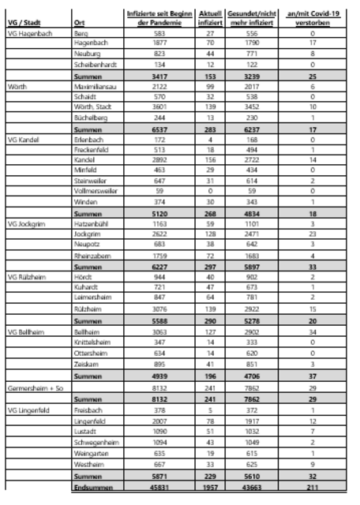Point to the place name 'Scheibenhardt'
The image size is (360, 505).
click(92, 63)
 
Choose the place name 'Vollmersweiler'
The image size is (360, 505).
click(94, 189)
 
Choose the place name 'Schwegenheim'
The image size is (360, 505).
click(93, 442)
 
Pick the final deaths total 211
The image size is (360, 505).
click(313, 490)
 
